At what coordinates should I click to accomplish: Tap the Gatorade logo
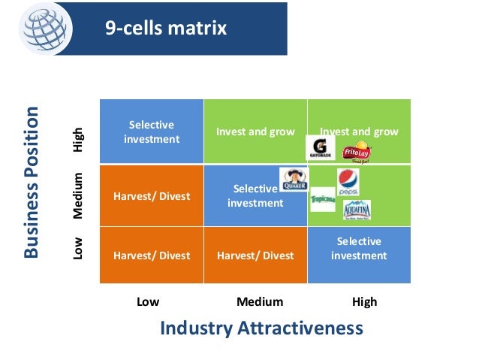320,147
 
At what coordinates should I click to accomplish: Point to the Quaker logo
293,181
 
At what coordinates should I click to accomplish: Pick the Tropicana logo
323,198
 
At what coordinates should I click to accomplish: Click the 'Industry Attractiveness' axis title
261,328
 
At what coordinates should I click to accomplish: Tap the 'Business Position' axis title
31,183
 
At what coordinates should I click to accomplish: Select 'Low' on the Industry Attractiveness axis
148,302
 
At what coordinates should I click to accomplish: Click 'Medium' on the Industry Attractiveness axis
260,302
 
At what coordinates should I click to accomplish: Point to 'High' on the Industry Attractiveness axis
365,302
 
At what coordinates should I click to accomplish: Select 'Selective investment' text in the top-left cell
151,132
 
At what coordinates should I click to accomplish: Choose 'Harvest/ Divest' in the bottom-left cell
152,256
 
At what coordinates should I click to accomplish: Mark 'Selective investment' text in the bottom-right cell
359,249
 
